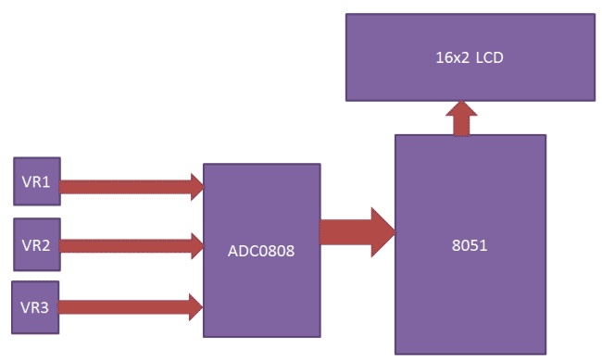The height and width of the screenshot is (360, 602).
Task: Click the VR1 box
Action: coord(37,180)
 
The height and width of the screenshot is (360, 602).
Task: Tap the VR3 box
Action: coord(35,306)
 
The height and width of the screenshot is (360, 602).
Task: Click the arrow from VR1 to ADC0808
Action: coord(130,187)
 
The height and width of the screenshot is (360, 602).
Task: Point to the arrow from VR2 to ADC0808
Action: coord(130,246)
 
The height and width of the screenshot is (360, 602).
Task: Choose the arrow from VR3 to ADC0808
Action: coord(130,306)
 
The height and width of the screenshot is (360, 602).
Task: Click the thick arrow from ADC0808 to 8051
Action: coord(357,232)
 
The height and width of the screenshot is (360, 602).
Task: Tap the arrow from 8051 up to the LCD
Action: coord(460,118)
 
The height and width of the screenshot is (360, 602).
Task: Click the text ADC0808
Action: coord(261,251)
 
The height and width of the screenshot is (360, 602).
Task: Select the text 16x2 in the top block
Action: coord(452,57)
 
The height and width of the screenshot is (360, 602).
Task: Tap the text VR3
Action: coord(35,306)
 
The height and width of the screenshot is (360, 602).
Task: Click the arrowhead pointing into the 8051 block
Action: coord(383,232)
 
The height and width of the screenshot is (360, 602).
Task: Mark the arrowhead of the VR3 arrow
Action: coord(196,306)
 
